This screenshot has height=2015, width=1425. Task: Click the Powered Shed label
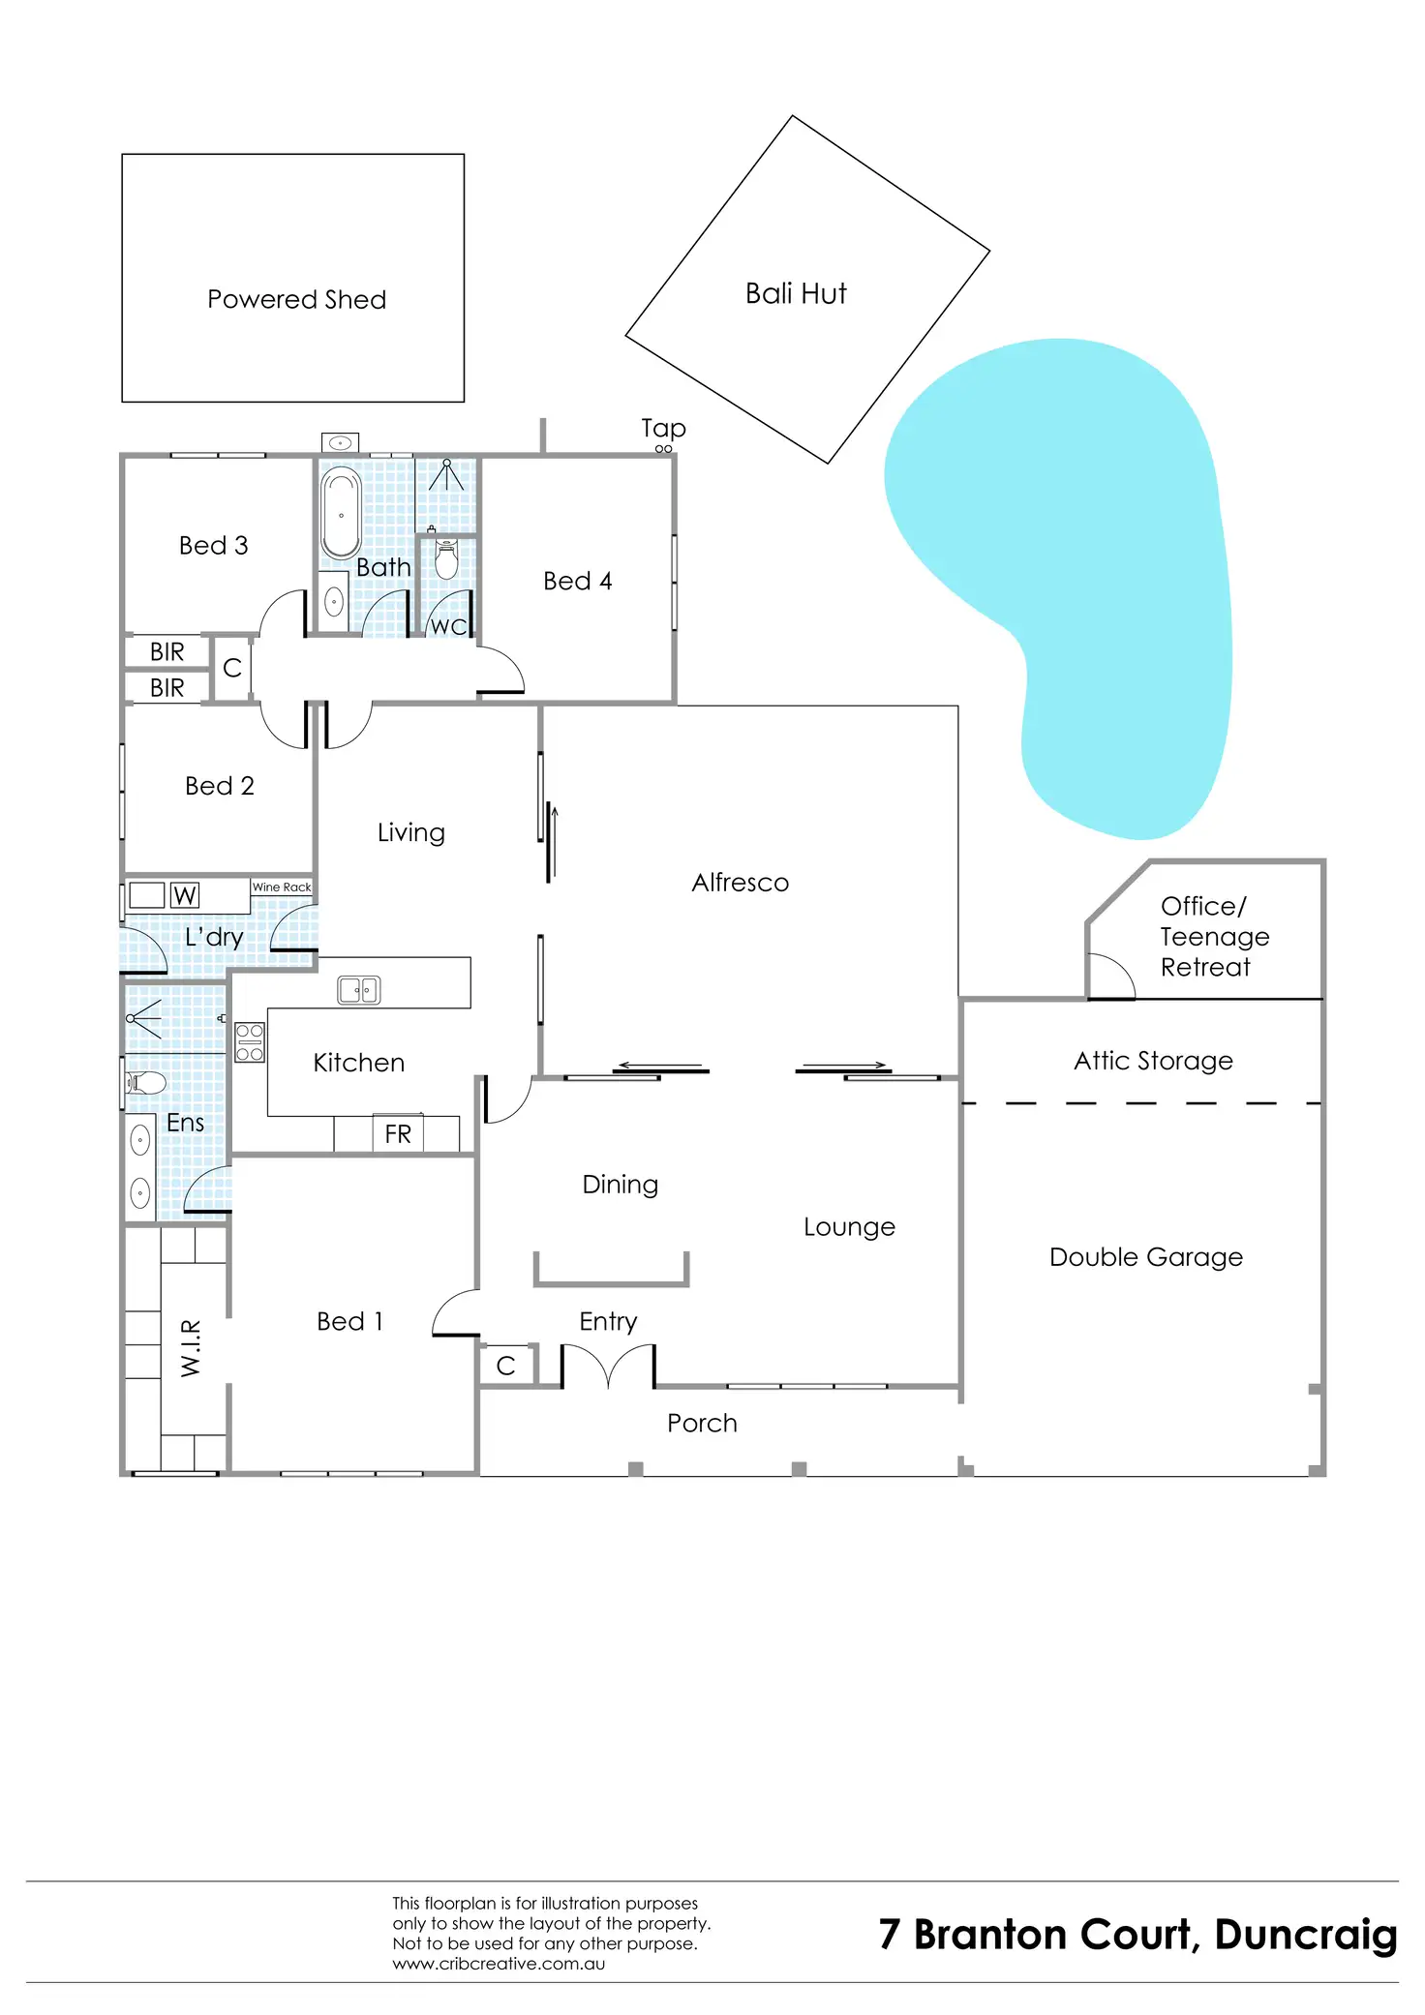click(x=296, y=300)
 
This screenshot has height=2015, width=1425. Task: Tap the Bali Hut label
click(x=796, y=293)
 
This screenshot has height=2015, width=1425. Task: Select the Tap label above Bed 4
click(x=663, y=428)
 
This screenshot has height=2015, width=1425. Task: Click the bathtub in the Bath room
click(x=341, y=513)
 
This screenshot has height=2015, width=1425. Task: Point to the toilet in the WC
click(x=446, y=560)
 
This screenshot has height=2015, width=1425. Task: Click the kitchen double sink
click(x=358, y=990)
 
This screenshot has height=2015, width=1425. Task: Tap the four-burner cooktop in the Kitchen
click(x=250, y=1042)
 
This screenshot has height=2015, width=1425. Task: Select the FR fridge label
click(x=398, y=1134)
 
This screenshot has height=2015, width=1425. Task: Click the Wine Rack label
click(x=282, y=887)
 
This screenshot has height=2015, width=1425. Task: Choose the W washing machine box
click(x=185, y=895)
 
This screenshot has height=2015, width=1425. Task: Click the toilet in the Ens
click(x=146, y=1082)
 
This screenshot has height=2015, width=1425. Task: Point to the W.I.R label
click(x=191, y=1347)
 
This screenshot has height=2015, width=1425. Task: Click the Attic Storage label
click(x=1153, y=1061)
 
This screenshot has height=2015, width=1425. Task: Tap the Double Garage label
click(x=1146, y=1257)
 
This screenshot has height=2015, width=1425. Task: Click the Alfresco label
click(x=741, y=883)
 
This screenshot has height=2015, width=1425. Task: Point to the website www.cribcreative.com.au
click(x=499, y=1964)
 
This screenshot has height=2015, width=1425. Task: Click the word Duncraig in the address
click(x=1306, y=1935)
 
